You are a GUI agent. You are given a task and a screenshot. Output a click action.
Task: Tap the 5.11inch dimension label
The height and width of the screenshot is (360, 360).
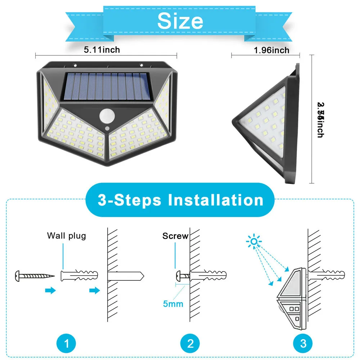(x=102, y=50)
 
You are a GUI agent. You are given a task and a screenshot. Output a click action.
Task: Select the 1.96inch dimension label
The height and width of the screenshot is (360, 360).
(x=271, y=50)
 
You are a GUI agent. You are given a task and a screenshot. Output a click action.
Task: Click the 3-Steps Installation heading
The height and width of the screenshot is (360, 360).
(x=180, y=200)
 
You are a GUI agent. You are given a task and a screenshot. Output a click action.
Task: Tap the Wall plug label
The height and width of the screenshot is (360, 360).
(x=67, y=236)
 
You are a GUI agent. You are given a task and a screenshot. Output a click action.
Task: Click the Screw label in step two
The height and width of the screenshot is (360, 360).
(x=175, y=236)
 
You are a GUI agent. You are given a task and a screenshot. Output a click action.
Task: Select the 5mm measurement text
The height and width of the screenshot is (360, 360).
(x=173, y=303)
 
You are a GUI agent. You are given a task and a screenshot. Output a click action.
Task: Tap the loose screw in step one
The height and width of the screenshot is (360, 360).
(x=34, y=276)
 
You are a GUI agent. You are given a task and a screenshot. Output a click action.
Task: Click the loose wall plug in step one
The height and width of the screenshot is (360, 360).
(x=77, y=276)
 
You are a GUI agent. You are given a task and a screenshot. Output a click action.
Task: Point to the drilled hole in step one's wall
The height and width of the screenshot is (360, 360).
(x=126, y=276)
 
